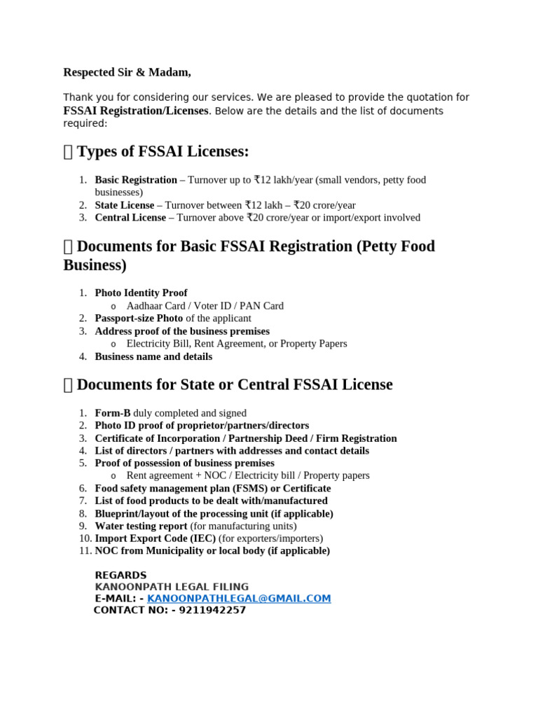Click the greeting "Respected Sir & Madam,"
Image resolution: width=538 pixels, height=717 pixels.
tap(127, 72)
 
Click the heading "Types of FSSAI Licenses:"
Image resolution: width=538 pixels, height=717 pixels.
tap(163, 151)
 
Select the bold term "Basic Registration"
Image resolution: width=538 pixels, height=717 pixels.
tap(136, 180)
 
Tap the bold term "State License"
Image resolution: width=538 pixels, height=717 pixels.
tap(125, 205)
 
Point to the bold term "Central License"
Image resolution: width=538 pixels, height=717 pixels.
tap(130, 218)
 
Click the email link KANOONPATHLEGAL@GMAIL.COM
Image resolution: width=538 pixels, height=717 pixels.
tap(239, 599)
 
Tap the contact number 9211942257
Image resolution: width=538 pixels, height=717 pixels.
tap(212, 610)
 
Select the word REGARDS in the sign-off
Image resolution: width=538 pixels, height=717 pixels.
tap(120, 576)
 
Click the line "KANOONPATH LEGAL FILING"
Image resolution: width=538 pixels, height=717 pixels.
tap(172, 587)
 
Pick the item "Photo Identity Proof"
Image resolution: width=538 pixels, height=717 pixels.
tap(141, 293)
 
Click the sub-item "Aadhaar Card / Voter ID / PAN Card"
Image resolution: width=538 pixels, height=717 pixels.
tap(205, 306)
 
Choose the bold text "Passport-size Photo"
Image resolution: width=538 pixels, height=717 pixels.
tap(139, 318)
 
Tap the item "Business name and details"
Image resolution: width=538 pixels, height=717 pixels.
tap(153, 356)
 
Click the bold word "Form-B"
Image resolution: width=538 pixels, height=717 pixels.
tap(113, 413)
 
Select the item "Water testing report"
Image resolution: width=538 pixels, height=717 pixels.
tap(141, 526)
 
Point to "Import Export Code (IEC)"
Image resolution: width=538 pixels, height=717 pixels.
tap(156, 538)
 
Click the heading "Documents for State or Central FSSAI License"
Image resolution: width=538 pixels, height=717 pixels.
tap(235, 384)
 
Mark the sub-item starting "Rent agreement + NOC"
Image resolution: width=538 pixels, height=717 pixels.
tap(247, 475)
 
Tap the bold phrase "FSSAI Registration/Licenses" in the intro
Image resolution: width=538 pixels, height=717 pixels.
tap(136, 111)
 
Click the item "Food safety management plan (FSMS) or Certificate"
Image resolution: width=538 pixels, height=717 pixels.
tap(213, 488)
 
